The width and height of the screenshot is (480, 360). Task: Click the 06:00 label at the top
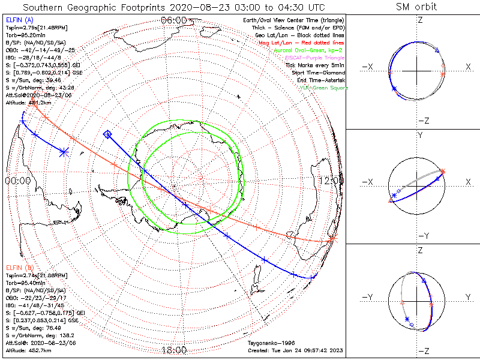click(173, 20)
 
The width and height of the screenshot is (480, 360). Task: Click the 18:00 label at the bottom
click(174, 350)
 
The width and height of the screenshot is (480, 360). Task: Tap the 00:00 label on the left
click(17, 180)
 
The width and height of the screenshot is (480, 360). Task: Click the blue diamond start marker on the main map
click(107, 134)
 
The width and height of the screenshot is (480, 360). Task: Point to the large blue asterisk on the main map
click(64, 152)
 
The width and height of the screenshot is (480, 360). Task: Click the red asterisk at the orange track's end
click(333, 239)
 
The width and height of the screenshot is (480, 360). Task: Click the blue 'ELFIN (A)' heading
click(19, 20)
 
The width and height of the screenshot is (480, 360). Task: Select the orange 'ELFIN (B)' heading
click(19, 267)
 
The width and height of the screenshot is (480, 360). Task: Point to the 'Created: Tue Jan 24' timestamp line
click(295, 350)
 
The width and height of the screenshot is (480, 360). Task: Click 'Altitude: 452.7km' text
click(27, 350)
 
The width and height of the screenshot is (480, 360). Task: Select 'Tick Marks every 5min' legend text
click(316, 65)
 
